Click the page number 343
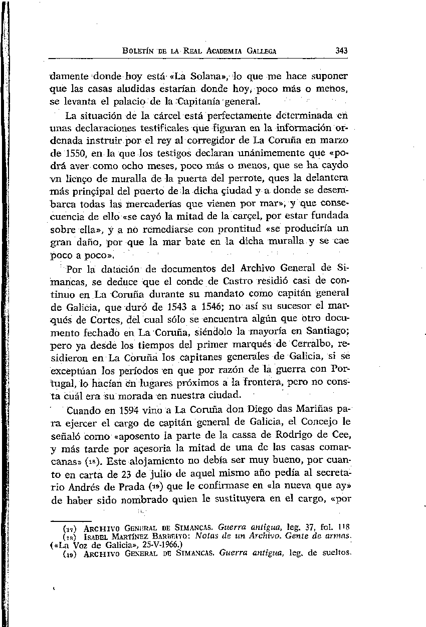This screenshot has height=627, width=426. (x=342, y=51)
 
